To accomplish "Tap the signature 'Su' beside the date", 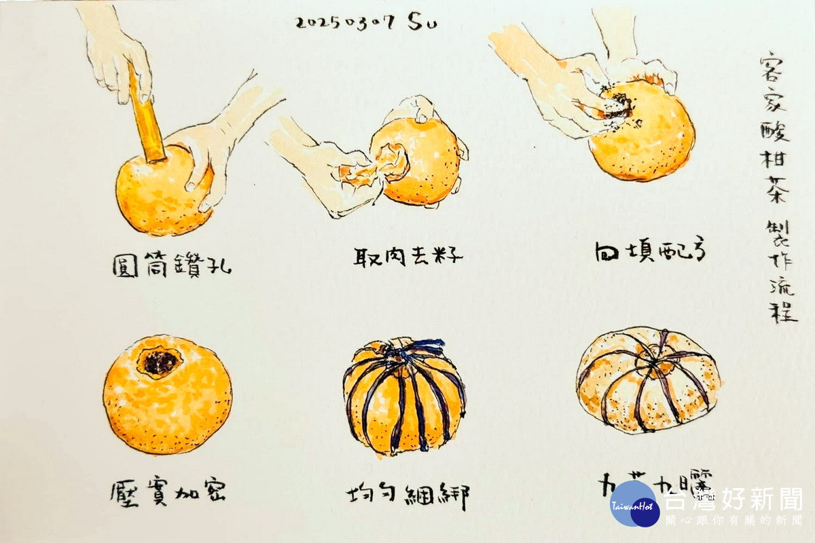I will coord(422,22).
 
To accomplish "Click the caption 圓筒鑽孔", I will coord(171,264).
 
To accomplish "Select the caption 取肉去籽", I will coord(408,256).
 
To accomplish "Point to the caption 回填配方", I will coord(649,252).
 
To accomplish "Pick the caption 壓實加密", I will coord(168,492).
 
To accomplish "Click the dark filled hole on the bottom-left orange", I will coord(160,362).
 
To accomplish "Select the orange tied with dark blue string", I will coord(404,397).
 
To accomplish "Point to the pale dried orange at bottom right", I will coord(648,380).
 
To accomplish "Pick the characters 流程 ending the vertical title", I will coord(782,299).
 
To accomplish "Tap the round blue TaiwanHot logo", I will coord(634,504).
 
